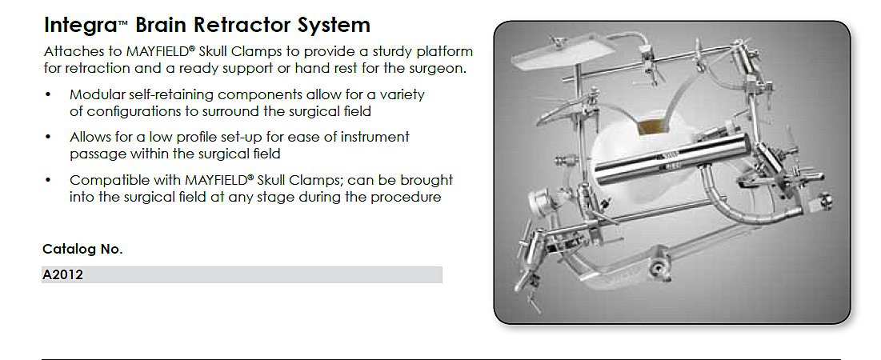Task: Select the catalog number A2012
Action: (63, 275)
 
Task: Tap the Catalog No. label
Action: (82, 250)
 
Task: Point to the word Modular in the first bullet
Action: (97, 95)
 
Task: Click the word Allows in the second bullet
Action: (88, 138)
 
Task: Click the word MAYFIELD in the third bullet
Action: (214, 181)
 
